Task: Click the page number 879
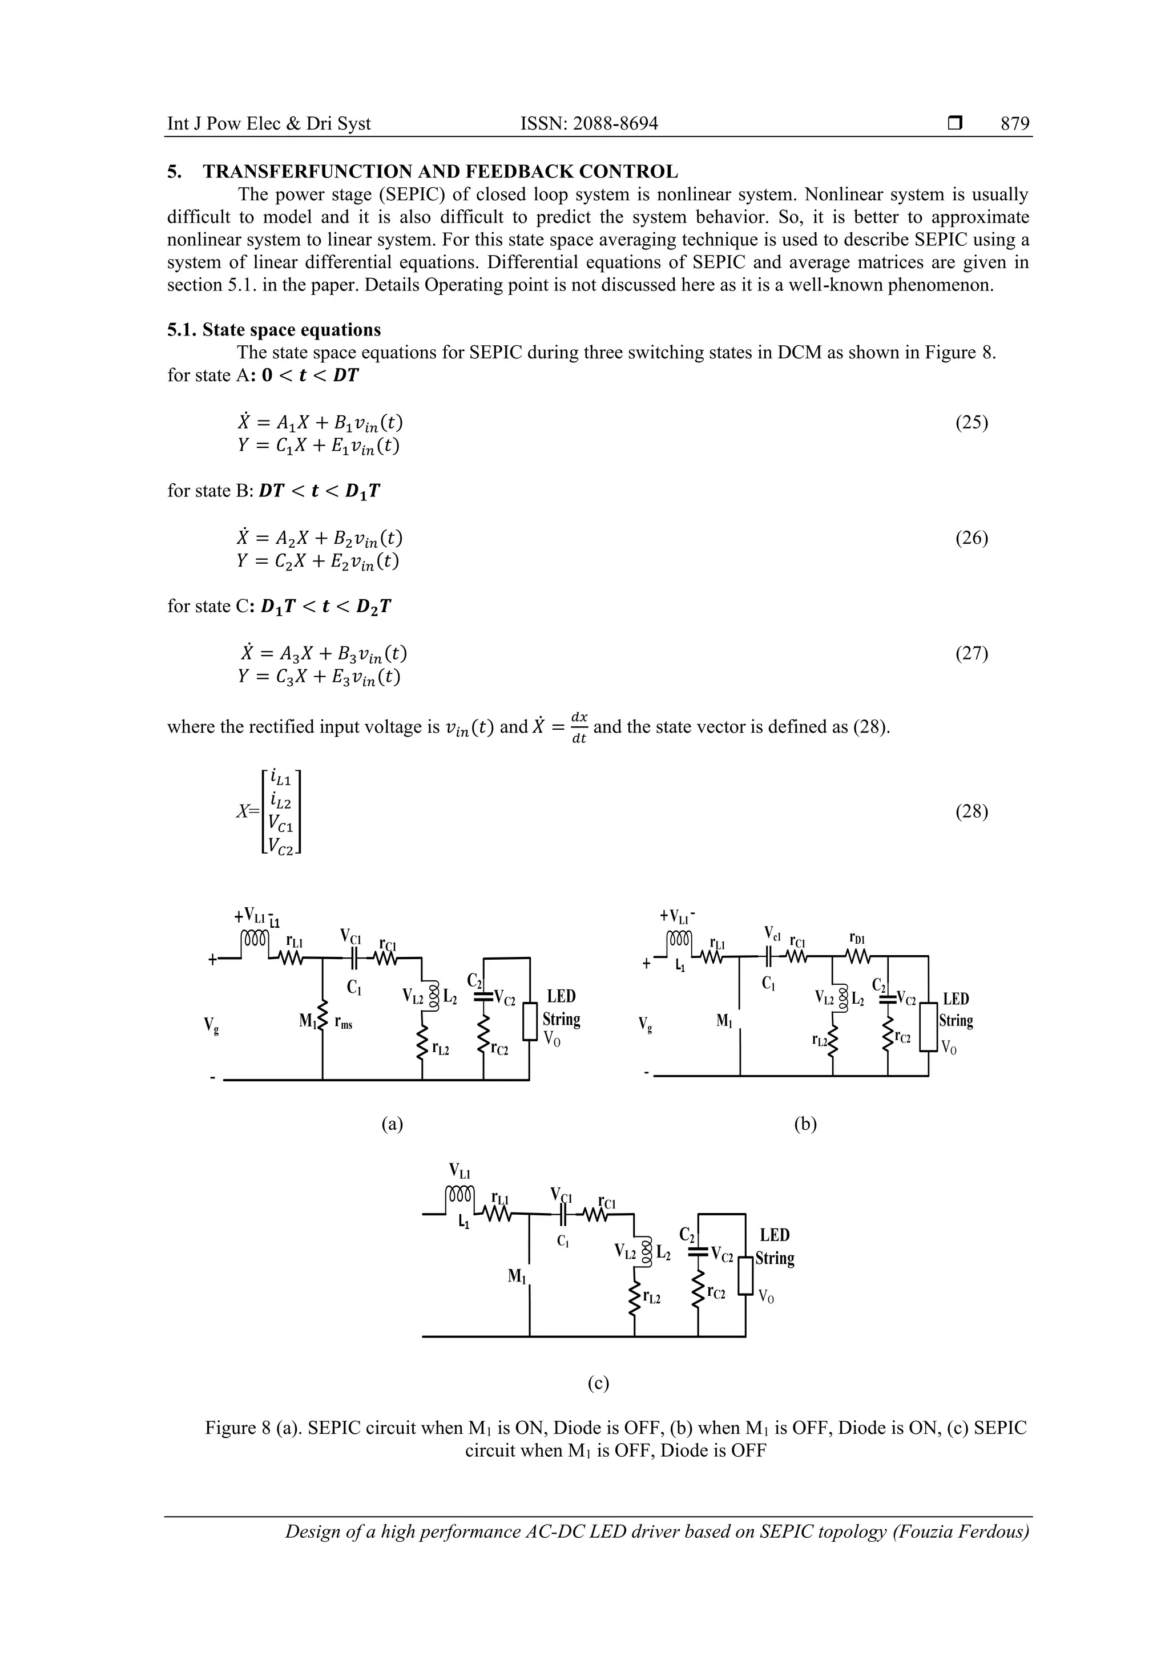pos(1014,124)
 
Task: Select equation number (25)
pos(971,423)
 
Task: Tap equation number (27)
pos(971,654)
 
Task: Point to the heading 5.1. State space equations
pos(274,330)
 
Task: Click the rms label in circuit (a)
pos(343,1024)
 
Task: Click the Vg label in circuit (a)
pos(211,1025)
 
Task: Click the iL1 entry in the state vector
pos(281,779)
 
